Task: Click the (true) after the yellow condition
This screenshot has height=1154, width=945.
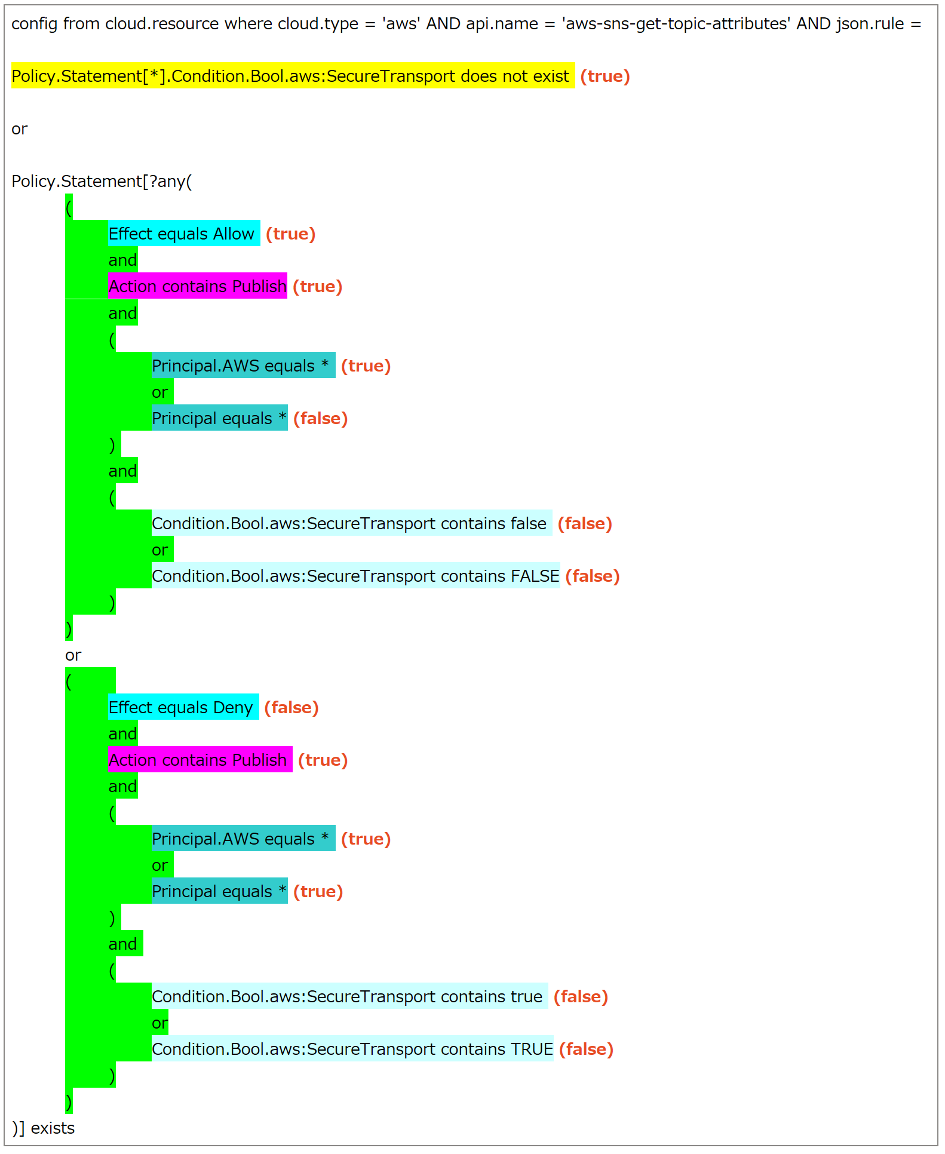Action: point(605,76)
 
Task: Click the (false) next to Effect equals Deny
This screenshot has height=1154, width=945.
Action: point(291,707)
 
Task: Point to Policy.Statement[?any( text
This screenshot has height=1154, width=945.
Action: point(102,181)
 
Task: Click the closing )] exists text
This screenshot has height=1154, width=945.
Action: point(43,1128)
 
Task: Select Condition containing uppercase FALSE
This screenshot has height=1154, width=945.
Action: point(355,576)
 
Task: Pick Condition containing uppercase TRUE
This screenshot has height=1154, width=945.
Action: point(352,1049)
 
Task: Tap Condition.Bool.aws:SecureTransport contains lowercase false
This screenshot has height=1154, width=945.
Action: point(349,523)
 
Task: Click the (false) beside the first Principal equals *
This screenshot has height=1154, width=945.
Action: point(320,418)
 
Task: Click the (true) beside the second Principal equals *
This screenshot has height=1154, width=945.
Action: point(318,891)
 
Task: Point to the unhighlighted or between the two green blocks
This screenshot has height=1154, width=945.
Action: point(73,655)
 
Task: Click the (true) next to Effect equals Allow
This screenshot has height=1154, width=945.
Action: point(290,234)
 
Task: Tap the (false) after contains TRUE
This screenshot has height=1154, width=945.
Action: point(586,1049)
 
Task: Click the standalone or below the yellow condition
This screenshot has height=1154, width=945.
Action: point(19,128)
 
